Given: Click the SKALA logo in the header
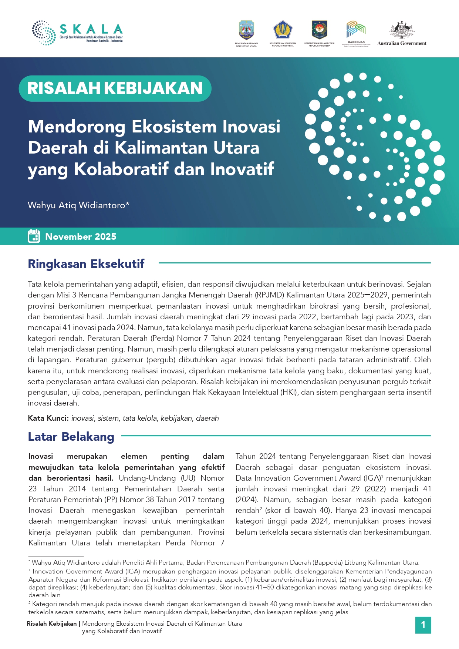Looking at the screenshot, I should tap(77, 33).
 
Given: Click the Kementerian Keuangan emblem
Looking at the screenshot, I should tap(283, 30).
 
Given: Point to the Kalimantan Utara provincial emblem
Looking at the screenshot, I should tap(246, 30).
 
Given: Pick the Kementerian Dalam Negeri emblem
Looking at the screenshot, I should tap(319, 30).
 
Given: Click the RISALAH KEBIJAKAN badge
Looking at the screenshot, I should tap(115, 88).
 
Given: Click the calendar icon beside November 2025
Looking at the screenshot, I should tap(34, 236).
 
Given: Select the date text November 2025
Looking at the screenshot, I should tap(81, 237).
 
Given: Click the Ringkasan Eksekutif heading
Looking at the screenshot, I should tap(86, 264).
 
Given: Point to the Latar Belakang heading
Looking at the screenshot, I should tap(71, 437).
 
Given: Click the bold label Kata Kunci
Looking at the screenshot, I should tap(48, 418).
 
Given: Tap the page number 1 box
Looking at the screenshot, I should tap(423, 625).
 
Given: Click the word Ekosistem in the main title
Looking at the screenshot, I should tap(174, 127).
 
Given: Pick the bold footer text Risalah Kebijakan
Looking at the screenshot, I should tap(51, 623).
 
